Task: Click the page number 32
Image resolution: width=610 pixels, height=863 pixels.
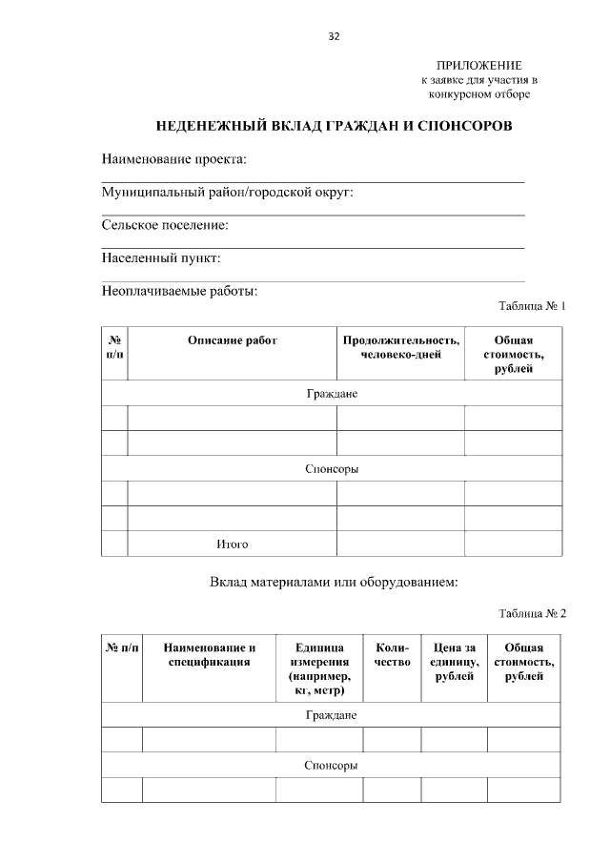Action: pos(333,37)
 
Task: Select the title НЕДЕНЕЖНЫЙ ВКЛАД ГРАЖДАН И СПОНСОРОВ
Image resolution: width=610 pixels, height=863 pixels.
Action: pos(334,126)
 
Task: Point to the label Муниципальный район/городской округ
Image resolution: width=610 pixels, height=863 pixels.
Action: pos(227,193)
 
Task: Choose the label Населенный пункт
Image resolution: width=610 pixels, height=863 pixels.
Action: pos(161,258)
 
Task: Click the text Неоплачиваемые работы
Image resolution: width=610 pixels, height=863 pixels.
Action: pos(179,291)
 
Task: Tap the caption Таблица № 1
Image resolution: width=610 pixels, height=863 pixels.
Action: pos(533,307)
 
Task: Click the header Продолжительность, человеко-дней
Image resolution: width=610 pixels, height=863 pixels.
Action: pos(400,348)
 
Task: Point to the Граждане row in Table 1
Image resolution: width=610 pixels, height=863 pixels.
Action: pos(332,394)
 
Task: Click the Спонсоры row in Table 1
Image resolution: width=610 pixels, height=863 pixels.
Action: pos(332,469)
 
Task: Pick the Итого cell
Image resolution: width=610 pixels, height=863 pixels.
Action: pos(232,545)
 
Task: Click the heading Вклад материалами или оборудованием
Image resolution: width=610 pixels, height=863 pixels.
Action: pos(334,583)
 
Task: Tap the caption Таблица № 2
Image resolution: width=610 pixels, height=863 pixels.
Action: pos(533,613)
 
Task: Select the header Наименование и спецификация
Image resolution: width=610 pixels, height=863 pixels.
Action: pos(209,655)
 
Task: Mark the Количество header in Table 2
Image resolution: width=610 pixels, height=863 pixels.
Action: pos(392,655)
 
